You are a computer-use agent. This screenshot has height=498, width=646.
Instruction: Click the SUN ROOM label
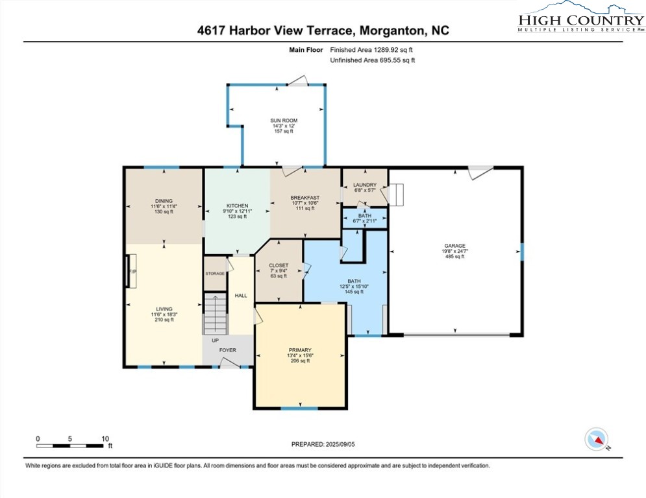point(284,121)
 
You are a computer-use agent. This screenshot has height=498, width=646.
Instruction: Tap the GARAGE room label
point(455,246)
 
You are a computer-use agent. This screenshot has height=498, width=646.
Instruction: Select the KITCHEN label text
point(238,206)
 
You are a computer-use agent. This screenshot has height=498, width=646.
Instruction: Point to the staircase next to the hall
point(216,313)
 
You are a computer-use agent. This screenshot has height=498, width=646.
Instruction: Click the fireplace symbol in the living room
point(131,271)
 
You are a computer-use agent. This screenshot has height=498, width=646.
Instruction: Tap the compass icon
point(597,439)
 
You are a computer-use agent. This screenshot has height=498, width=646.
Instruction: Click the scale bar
point(69,445)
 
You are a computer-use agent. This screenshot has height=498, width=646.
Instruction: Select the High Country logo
point(581,17)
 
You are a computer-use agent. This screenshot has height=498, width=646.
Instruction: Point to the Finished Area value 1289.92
point(387,50)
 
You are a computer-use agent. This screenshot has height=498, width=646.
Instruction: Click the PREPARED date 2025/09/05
point(340,444)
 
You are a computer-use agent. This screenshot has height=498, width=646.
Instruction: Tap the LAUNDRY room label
point(365,185)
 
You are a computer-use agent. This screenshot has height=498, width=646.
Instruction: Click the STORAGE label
point(215,274)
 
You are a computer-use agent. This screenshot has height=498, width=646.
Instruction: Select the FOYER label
point(228,350)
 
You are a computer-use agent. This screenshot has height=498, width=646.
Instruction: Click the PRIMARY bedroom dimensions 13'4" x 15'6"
point(301,355)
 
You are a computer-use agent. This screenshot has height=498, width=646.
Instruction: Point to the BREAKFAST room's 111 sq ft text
point(305,208)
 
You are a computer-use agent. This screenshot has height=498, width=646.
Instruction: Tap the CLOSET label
point(279,265)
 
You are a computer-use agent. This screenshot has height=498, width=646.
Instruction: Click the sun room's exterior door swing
point(298,80)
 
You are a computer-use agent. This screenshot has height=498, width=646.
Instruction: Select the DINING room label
point(164,201)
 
